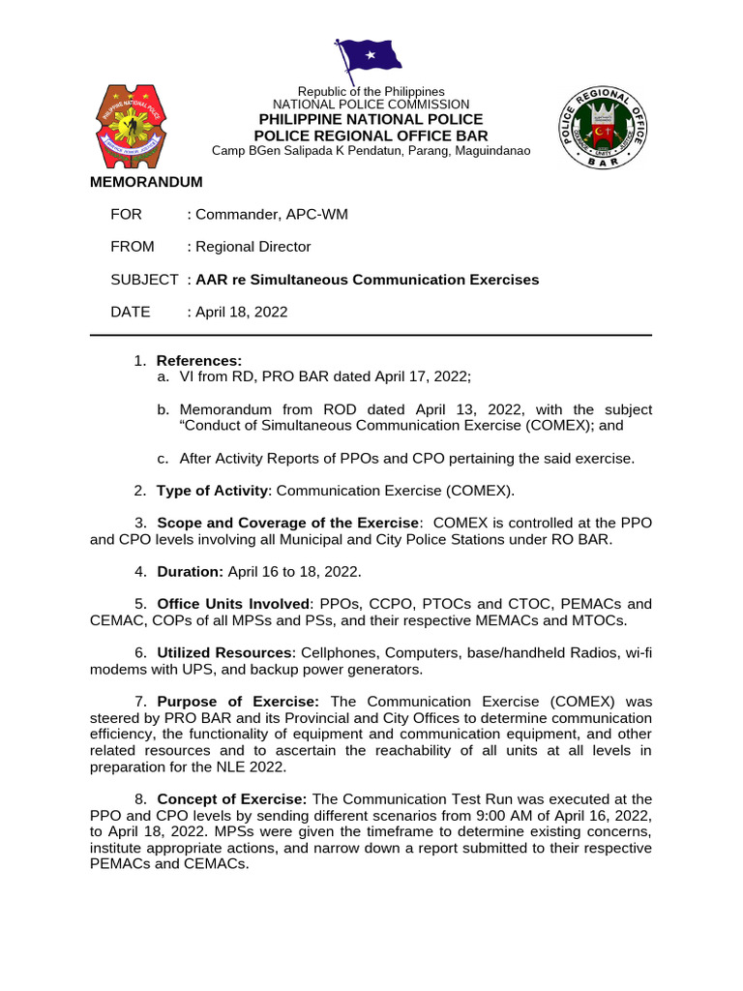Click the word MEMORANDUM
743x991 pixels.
(146, 182)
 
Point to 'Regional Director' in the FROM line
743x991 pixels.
(253, 247)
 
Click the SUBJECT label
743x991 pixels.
(144, 280)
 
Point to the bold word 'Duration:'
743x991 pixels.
(191, 571)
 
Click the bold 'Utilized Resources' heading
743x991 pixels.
(223, 653)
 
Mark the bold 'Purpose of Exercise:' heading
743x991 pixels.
(238, 702)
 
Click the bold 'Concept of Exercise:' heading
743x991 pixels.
(232, 799)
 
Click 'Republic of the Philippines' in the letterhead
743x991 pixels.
(371, 91)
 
